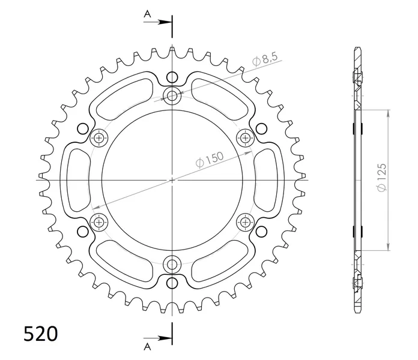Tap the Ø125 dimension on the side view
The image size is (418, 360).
click(x=381, y=177)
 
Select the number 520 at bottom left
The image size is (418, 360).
click(x=40, y=334)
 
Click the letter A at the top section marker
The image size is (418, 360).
click(x=147, y=14)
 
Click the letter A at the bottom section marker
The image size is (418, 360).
click(x=147, y=347)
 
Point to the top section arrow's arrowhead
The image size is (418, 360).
click(x=166, y=22)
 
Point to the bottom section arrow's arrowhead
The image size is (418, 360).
click(x=166, y=338)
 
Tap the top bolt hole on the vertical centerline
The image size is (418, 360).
click(x=172, y=95)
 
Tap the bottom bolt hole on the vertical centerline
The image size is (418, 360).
click(x=172, y=265)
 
